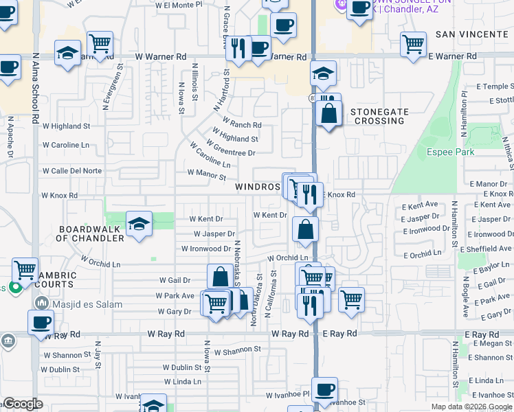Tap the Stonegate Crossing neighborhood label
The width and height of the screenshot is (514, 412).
coord(377,116)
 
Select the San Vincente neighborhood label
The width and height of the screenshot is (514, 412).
coord(472,34)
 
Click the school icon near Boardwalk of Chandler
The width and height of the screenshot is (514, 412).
coord(139,224)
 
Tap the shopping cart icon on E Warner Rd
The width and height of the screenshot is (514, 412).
coord(413,44)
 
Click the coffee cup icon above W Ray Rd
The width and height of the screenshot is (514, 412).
coord(41,321)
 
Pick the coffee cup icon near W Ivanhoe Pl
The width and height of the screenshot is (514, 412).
coord(324,389)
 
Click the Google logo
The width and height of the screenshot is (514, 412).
coord(23,404)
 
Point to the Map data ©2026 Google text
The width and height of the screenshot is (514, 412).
coord(471,407)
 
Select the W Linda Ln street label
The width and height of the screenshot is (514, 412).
coord(183,381)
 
